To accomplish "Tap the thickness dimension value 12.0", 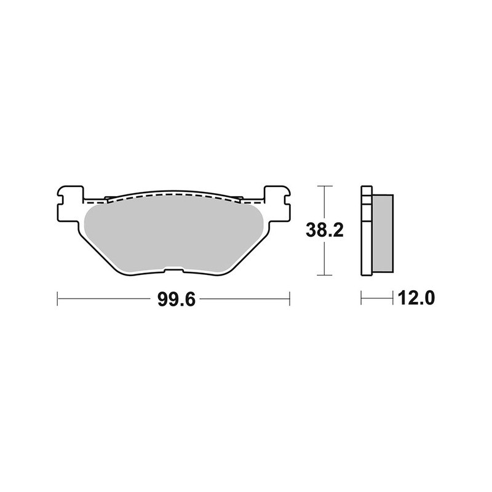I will click(x=418, y=300).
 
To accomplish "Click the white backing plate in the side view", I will click(x=367, y=234).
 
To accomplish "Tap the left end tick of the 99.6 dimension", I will click(x=57, y=300).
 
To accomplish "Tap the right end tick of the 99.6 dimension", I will click(x=289, y=300).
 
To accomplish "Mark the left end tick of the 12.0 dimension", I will click(x=362, y=300).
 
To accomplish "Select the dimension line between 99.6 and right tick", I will click(x=246, y=300).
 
